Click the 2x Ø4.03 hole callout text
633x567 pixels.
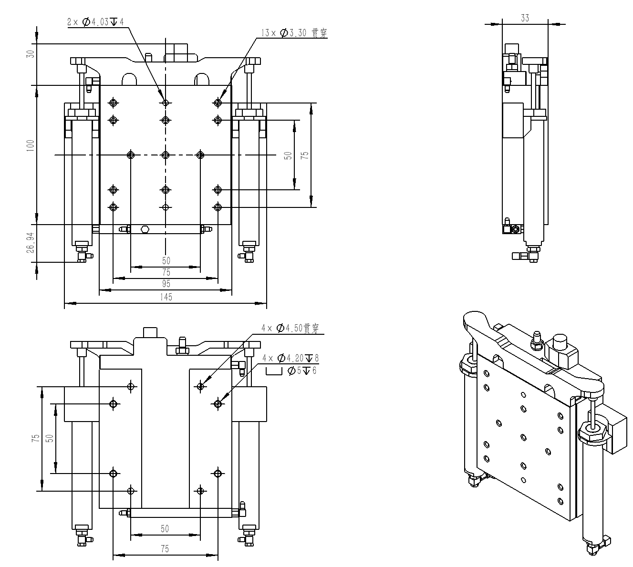pyautogui.click(x=95, y=22)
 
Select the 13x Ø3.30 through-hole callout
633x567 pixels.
pyautogui.click(x=294, y=33)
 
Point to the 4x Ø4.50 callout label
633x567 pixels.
pyautogui.click(x=290, y=329)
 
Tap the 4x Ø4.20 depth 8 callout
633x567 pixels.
pyautogui.click(x=291, y=358)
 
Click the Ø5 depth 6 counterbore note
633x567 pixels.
pyautogui.click(x=302, y=371)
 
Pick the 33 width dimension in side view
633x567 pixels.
pyautogui.click(x=525, y=18)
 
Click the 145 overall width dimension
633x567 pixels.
pyautogui.click(x=166, y=297)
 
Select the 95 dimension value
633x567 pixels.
pyautogui.click(x=166, y=284)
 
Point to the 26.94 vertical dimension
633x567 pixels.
pyautogui.click(x=31, y=243)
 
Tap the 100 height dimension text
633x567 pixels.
pyautogui.click(x=31, y=145)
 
